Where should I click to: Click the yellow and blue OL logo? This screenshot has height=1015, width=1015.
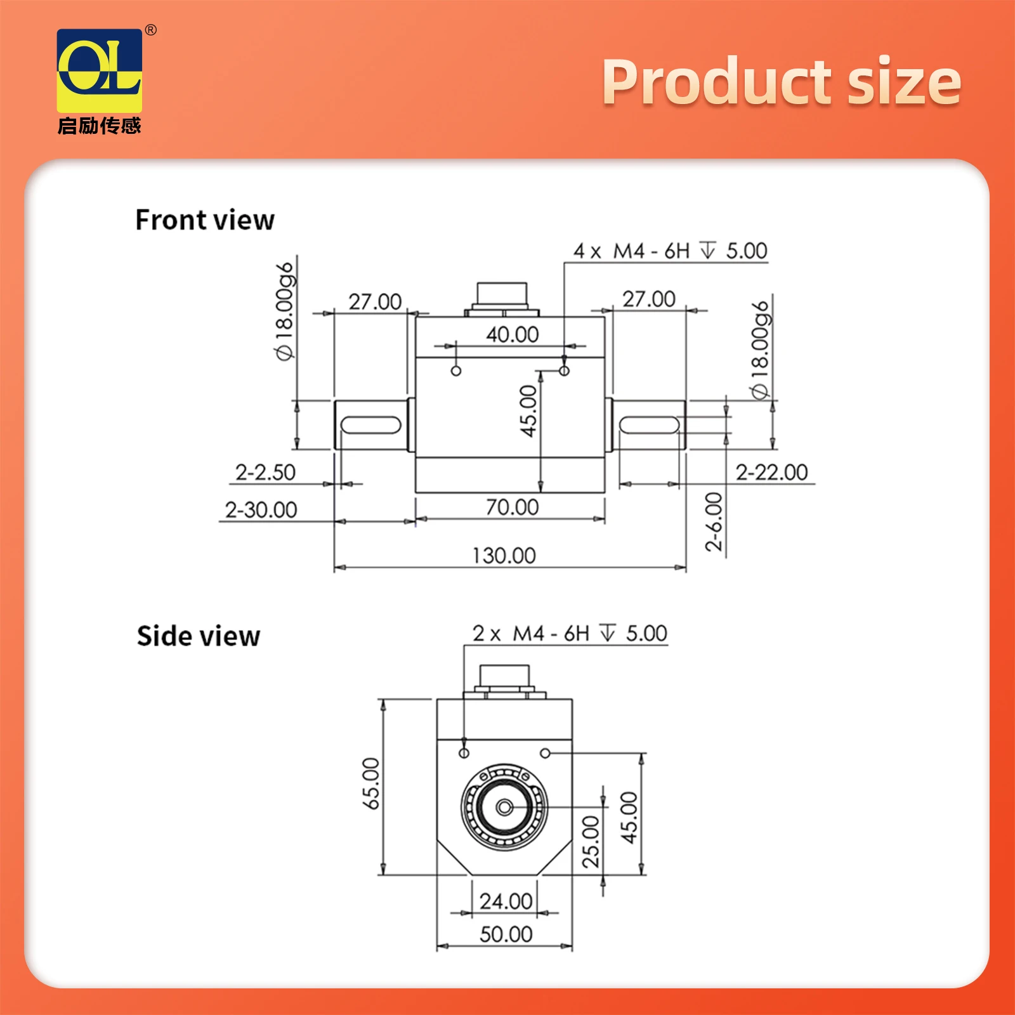(100, 70)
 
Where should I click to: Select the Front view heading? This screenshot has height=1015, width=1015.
(205, 220)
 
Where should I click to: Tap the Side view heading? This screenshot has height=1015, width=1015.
(199, 636)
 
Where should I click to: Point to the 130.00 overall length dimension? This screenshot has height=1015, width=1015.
(504, 556)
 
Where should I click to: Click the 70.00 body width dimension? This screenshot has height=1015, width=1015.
(512, 507)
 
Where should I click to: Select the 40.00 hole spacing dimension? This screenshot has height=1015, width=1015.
(512, 334)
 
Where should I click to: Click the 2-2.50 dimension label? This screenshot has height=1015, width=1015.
(265, 473)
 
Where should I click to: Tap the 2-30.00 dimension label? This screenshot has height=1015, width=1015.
(261, 509)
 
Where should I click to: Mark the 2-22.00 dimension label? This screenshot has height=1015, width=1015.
(771, 473)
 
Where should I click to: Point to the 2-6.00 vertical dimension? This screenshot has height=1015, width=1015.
(714, 521)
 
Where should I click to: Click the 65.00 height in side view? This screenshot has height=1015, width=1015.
(371, 783)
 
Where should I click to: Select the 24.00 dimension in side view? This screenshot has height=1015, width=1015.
(506, 901)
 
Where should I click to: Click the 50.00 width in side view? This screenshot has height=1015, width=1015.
(506, 934)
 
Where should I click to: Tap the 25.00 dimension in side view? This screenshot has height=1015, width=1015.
(591, 842)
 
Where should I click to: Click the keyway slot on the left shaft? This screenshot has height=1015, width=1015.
(370, 424)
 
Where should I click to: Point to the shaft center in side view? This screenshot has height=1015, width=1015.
(504, 808)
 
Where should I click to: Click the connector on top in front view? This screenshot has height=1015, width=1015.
(502, 296)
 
